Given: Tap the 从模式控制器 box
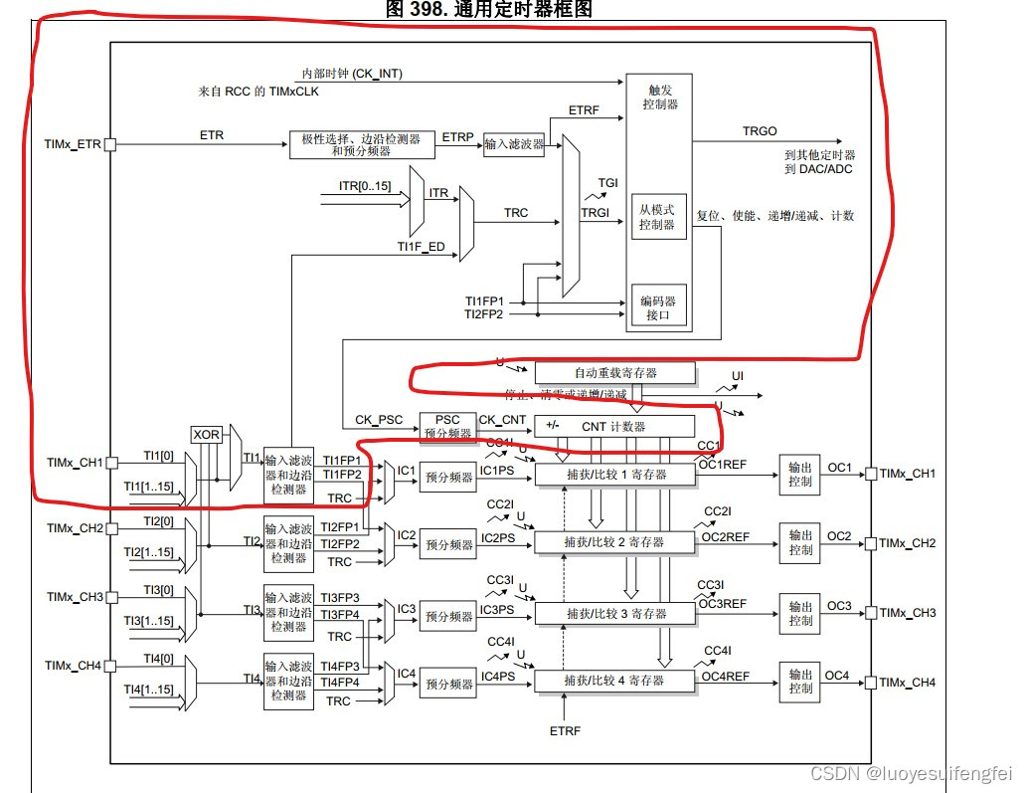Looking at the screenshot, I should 657,217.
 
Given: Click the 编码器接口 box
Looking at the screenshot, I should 657,306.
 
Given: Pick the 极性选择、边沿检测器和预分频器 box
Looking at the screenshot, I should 361,145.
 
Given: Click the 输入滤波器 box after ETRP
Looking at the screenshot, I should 514,145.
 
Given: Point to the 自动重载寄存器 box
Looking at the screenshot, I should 614,373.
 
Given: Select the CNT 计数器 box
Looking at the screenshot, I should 614,426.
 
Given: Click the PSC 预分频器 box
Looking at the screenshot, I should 444,426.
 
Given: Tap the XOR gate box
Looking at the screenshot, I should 206,435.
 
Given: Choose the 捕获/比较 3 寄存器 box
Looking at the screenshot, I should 614,612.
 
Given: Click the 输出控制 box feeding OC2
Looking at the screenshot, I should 800,543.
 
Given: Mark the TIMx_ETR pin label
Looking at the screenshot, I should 74,145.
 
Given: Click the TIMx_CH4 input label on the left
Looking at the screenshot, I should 74,665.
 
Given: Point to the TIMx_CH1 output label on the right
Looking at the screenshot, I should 908,474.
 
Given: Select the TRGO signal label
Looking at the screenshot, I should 761,131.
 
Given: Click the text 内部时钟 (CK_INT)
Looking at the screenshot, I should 353,74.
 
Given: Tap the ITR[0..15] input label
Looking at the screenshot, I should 365,186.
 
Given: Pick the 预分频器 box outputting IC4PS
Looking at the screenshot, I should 448,685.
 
